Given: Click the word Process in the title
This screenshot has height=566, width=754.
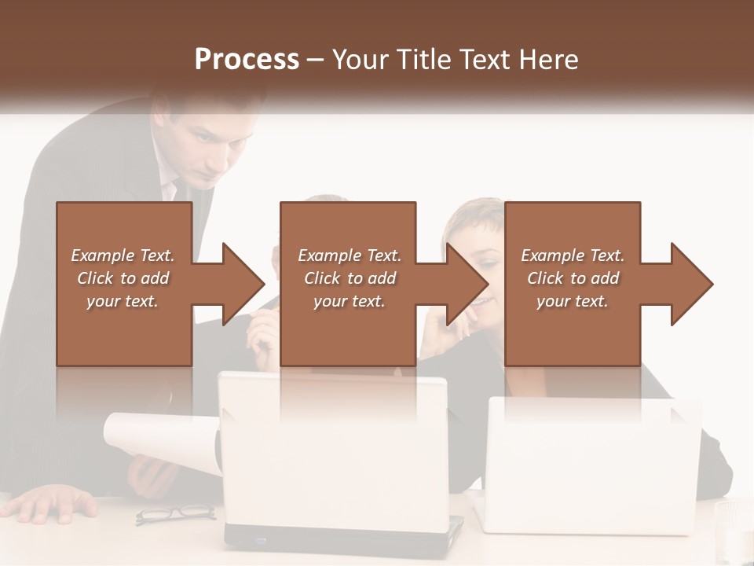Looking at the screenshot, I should point(247,59).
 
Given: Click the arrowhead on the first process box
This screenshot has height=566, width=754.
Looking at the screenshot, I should point(236,284).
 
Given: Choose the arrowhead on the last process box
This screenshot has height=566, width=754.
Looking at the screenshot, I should point(688,284).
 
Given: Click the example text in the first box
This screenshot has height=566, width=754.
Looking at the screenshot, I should point(123,278).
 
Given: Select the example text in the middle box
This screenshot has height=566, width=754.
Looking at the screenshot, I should point(350,278).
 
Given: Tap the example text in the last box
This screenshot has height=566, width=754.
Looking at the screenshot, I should point(573,278).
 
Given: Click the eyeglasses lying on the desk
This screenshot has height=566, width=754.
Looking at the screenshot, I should point(175,513).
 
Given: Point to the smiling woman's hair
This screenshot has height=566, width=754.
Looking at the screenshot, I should point(471,216).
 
